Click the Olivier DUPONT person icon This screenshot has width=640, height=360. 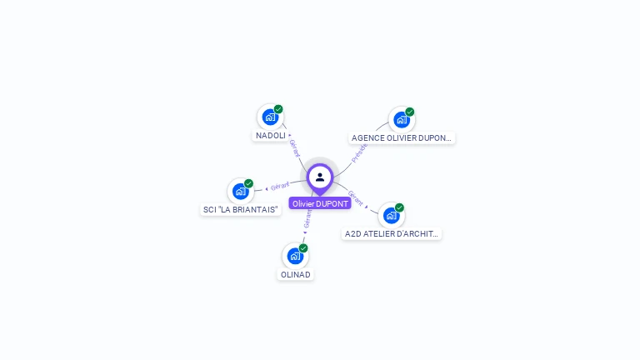[320, 177]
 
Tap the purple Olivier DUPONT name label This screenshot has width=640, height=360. [320, 203]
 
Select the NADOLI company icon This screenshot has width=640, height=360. [269, 117]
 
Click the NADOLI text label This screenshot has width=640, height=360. [271, 135]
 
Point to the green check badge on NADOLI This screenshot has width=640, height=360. [278, 109]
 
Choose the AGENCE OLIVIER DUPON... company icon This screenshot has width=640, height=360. [402, 119]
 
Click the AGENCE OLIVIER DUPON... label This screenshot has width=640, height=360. [402, 138]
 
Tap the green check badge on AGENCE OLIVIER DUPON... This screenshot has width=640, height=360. [410, 112]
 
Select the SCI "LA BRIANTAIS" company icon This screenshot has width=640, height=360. [240, 192]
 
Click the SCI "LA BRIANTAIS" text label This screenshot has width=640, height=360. [241, 210]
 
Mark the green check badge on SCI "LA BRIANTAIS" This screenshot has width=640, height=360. [248, 183]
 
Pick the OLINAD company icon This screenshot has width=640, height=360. [295, 256]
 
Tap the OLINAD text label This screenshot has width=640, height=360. [296, 275]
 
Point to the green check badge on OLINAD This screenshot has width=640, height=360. [303, 248]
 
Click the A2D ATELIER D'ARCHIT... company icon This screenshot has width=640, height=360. [391, 215]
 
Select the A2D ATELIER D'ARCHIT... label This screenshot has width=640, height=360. [392, 234]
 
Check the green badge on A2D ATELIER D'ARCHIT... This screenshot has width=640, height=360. [399, 207]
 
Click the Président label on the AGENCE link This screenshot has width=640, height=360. [359, 152]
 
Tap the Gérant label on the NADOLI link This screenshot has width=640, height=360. [294, 147]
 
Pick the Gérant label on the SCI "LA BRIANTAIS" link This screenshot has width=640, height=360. [279, 186]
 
